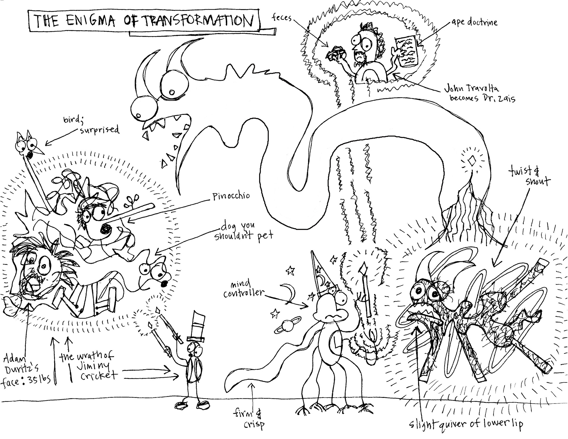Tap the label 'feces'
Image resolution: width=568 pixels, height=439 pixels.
click(282, 18)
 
